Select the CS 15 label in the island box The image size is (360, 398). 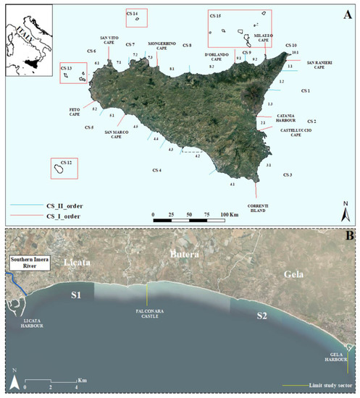click(x=215, y=15)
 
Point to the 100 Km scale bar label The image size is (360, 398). click(x=229, y=215)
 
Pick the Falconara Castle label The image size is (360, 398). click(x=148, y=314)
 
